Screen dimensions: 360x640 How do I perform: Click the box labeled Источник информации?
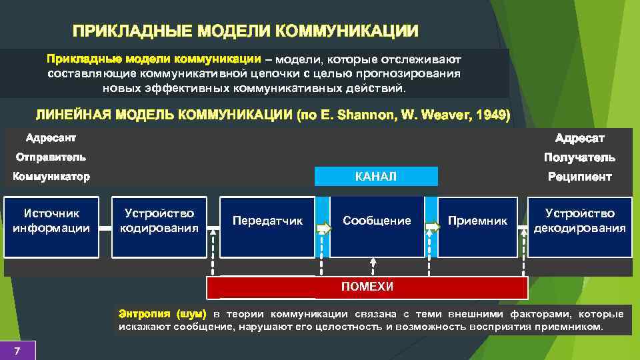point(51,227)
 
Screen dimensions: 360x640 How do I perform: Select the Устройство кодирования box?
point(159,227)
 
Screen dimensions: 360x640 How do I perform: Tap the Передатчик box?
point(267,227)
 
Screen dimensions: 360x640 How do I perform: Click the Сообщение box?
point(377,227)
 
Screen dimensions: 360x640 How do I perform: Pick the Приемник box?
point(477,227)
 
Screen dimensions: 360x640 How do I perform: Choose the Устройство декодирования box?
point(580,227)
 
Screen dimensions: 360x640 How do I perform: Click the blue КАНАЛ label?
point(376,177)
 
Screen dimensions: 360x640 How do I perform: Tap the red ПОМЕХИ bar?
point(367,287)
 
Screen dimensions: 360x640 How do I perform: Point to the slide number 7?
point(17,351)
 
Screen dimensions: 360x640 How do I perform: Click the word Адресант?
point(51,138)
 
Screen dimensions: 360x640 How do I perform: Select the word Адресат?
point(580,138)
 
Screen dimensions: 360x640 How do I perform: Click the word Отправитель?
point(51,157)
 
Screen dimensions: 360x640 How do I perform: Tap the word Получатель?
point(579,157)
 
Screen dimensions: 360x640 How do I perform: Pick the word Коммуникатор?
point(51,177)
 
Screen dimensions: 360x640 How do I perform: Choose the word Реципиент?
point(579,177)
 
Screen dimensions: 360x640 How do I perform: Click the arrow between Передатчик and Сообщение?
point(323,228)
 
